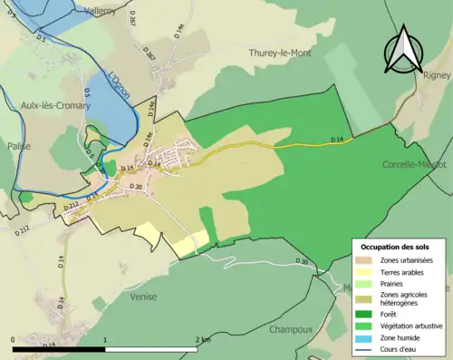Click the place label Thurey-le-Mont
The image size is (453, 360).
280,54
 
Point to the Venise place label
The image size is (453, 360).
143,297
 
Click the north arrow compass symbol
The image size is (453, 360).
404,50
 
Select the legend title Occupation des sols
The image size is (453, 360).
395,247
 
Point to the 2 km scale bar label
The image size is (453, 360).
204,339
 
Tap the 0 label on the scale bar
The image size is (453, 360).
14,339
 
